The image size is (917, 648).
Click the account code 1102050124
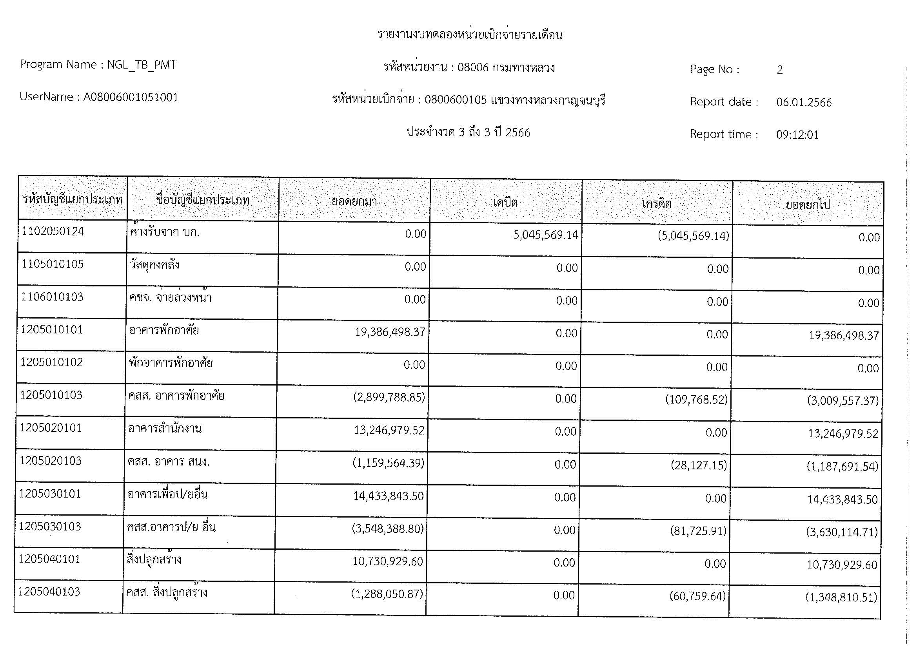[53, 232]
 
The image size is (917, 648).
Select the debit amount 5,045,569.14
[546, 235]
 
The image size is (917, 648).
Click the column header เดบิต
[506, 202]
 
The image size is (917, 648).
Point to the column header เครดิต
[657, 203]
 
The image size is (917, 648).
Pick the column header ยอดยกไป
[808, 205]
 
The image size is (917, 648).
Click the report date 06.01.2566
[804, 103]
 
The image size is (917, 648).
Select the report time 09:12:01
[797, 135]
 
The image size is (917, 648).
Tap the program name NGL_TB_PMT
[142, 65]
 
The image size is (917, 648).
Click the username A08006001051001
[131, 98]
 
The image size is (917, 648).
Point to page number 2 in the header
[779, 70]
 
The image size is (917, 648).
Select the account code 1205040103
[49, 591]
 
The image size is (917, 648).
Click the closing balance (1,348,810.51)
[841, 597]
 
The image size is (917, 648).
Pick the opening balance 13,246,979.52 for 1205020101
[389, 430]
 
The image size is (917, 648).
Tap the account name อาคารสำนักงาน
[165, 429]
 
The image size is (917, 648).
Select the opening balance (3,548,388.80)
[387, 529]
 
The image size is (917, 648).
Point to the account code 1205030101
[50, 494]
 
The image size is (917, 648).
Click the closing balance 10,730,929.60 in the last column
[842, 565]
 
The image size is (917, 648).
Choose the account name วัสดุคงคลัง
[154, 265]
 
